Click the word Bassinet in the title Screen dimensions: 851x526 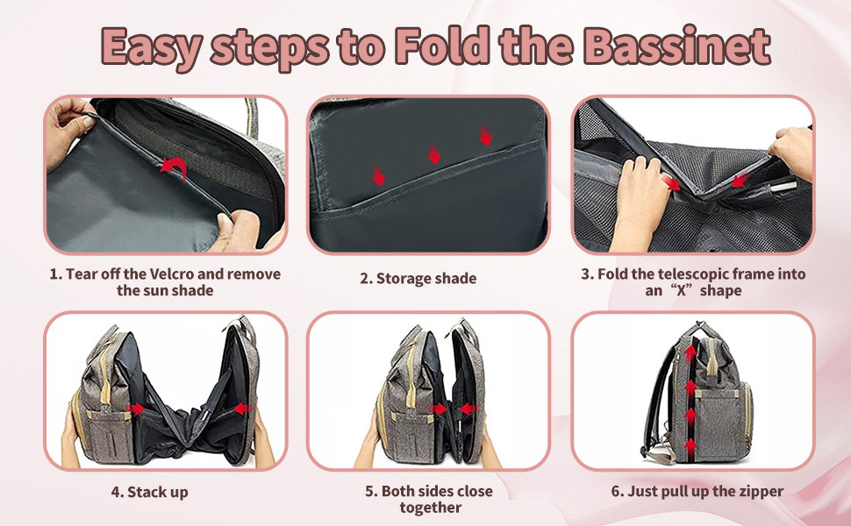point(678,46)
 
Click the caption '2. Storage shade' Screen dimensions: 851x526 point(418,278)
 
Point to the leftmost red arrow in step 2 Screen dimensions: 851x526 point(378,175)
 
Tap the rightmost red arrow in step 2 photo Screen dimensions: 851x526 point(486,136)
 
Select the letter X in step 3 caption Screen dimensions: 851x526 point(682,291)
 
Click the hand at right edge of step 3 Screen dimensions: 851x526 point(792,152)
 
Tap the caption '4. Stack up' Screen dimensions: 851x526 point(150,493)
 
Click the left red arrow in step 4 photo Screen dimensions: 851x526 point(135,409)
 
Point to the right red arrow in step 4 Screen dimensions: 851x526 point(243,409)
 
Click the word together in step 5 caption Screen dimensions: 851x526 point(431,508)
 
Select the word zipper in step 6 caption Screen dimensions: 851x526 point(761,491)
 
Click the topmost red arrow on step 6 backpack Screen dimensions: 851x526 point(690,353)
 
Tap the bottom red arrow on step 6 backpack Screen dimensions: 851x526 point(690,448)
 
